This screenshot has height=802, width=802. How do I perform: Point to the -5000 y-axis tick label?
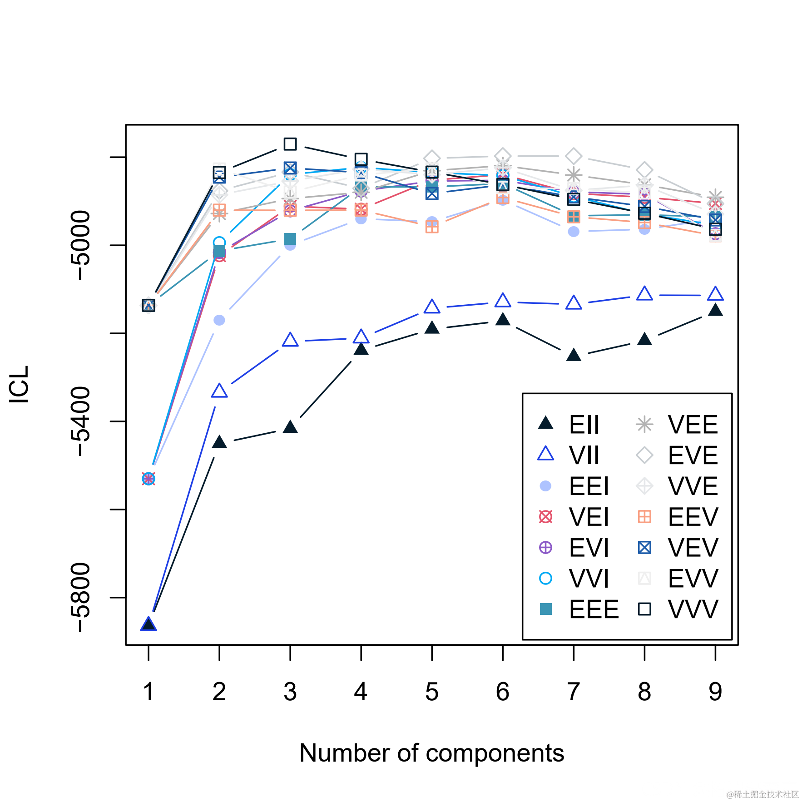coord(81,245)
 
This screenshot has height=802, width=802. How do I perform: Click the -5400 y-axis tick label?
coord(81,421)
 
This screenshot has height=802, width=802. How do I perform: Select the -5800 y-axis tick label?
coord(81,597)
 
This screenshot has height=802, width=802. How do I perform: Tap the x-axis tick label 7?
coord(574,692)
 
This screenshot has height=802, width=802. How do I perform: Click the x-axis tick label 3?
coord(290,692)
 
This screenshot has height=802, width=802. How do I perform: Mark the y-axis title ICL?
coord(19,384)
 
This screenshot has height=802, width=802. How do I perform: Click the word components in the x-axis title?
coord(495,753)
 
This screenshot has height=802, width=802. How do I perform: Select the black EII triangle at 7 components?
coord(574,355)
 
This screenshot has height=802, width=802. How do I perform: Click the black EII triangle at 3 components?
coord(290,427)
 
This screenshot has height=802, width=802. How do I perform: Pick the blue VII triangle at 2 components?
coord(219,391)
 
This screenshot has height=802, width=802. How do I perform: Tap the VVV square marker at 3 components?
coord(290,144)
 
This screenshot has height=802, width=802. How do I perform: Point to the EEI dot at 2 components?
coord(219,320)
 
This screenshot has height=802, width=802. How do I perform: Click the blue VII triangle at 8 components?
coord(644,294)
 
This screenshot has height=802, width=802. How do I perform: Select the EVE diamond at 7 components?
coord(574,156)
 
